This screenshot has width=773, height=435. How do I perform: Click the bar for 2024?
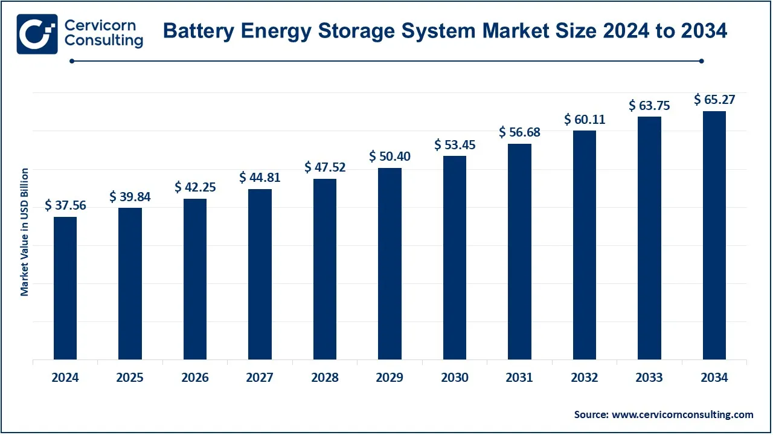tap(65, 288)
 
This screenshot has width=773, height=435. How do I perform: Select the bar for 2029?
tap(390, 263)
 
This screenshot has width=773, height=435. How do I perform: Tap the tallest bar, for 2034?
tap(714, 236)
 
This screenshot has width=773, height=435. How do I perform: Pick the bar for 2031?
tap(519, 251)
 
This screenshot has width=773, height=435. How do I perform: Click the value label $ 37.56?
tap(65, 205)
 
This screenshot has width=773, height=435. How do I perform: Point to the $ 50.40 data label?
tap(390, 156)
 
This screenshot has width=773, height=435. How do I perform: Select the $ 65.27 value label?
tap(714, 100)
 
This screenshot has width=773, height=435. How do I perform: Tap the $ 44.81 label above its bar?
tap(260, 177)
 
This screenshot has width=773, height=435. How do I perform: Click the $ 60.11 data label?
tap(585, 120)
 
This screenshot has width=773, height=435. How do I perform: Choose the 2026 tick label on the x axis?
tap(195, 378)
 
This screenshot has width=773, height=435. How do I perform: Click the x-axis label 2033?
tap(649, 378)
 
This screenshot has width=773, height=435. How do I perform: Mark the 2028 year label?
tap(325, 378)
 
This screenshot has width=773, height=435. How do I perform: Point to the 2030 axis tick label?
tap(455, 378)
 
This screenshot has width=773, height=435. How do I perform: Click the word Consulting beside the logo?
tap(103, 41)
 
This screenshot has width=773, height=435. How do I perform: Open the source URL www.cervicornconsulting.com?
tap(682, 414)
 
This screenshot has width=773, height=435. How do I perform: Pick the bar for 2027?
tap(260, 274)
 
